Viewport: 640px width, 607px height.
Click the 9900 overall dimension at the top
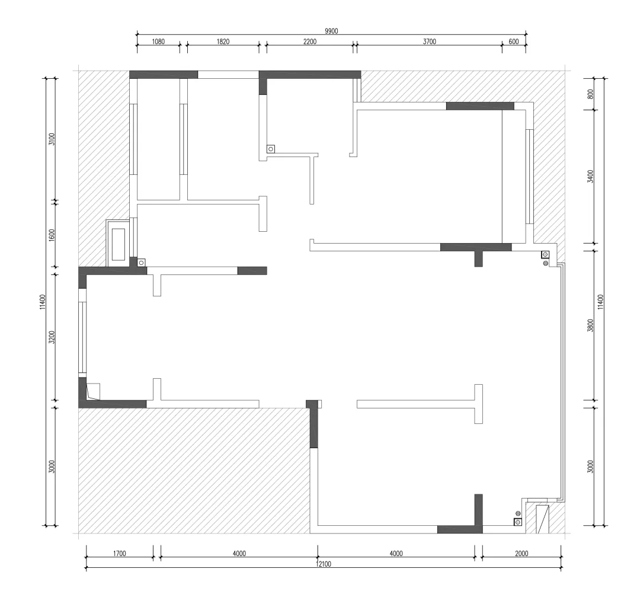pyautogui.click(x=331, y=31)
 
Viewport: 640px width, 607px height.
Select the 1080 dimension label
pyautogui.click(x=158, y=41)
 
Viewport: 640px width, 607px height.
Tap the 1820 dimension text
pyautogui.click(x=223, y=41)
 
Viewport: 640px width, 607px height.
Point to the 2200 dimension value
pyautogui.click(x=310, y=41)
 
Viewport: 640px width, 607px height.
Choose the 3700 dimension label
pyautogui.click(x=430, y=41)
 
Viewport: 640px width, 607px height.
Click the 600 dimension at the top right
pyautogui.click(x=513, y=41)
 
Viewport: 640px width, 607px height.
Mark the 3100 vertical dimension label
pyautogui.click(x=52, y=139)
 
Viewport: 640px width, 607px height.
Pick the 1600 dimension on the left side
pyautogui.click(x=52, y=235)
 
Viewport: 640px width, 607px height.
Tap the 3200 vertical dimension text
pyautogui.click(x=52, y=337)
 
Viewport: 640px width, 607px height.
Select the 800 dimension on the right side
pyautogui.click(x=590, y=94)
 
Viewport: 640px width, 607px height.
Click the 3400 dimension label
pyautogui.click(x=590, y=176)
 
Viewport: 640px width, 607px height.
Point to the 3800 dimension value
pyautogui.click(x=590, y=325)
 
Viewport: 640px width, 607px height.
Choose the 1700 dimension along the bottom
pyautogui.click(x=119, y=554)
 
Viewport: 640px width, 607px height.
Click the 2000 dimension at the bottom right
pyautogui.click(x=521, y=554)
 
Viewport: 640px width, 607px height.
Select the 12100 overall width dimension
pyautogui.click(x=324, y=564)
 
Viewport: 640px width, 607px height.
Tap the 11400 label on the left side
pyautogui.click(x=43, y=302)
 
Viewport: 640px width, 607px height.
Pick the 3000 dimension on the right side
pyautogui.click(x=590, y=467)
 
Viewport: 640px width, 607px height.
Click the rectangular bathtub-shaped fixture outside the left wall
pyautogui.click(x=118, y=244)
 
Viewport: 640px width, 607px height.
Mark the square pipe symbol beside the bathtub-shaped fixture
pyautogui.click(x=141, y=263)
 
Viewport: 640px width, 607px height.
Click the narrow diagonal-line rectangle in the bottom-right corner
pyautogui.click(x=542, y=519)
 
